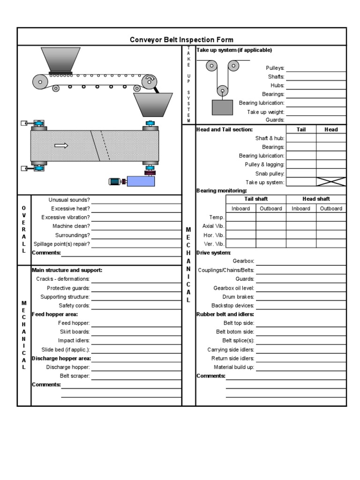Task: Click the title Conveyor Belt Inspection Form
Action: (181, 40)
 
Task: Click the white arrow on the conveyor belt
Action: (61, 146)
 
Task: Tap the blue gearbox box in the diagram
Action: (141, 181)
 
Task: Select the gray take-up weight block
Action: (222, 107)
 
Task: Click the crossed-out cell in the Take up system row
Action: (331, 182)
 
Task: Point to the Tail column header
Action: (301, 129)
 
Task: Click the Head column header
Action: (331, 129)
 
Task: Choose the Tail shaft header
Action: (256, 199)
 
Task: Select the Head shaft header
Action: (316, 199)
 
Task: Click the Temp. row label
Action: (217, 217)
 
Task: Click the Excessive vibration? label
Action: (65, 217)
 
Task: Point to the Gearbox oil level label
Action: (233, 288)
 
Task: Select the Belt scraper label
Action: (75, 376)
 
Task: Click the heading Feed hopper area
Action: (55, 314)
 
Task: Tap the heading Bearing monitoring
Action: (221, 191)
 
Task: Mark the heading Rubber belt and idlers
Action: (225, 314)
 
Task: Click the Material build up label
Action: (234, 367)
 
